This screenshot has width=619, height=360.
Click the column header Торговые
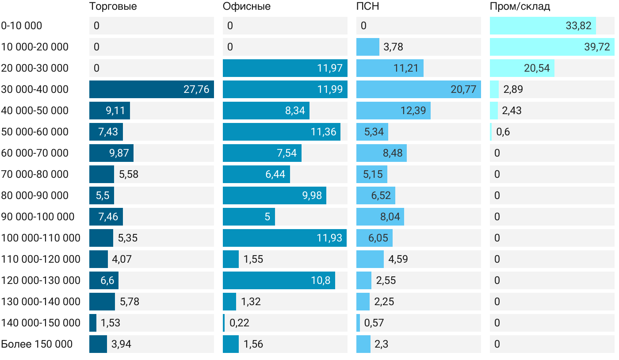click(x=113, y=7)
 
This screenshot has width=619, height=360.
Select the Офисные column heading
click(x=247, y=7)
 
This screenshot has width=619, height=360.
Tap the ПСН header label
click(x=368, y=7)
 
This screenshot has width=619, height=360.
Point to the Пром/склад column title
click(x=520, y=7)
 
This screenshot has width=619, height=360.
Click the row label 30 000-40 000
click(x=35, y=89)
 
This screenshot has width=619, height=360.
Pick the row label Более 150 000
click(x=37, y=344)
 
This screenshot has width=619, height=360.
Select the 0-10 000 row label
click(x=22, y=26)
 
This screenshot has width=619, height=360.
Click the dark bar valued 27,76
click(x=152, y=89)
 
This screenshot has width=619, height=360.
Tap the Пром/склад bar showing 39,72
click(x=552, y=47)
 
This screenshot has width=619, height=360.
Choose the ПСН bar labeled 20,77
click(x=418, y=89)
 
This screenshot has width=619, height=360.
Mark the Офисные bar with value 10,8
click(x=279, y=280)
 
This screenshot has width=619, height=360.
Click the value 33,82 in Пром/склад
click(x=578, y=26)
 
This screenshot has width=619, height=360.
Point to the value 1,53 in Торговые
click(x=111, y=323)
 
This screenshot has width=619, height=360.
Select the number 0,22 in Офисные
click(x=239, y=323)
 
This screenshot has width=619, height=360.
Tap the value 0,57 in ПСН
click(x=374, y=323)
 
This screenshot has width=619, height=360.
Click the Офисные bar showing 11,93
click(x=284, y=238)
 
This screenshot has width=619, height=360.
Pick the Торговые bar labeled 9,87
click(x=111, y=153)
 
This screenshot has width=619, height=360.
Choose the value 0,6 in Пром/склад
click(x=503, y=132)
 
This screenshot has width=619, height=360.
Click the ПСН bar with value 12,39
click(x=393, y=111)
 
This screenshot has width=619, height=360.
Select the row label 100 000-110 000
click(x=41, y=238)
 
